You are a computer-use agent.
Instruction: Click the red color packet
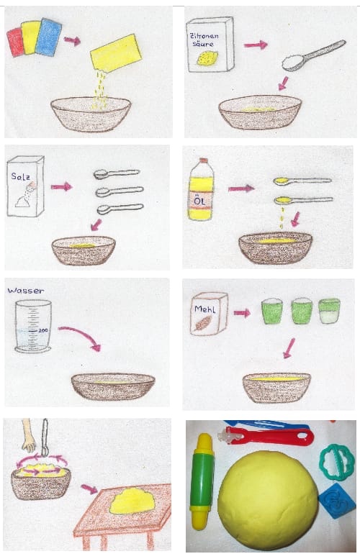pyautogui.click(x=14, y=42)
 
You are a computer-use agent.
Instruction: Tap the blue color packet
pyautogui.click(x=50, y=37)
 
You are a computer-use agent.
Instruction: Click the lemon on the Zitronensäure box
pyautogui.click(x=204, y=58)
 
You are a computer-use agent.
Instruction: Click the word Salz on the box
pyautogui.click(x=20, y=176)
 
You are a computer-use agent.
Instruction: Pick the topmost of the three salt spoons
pyautogui.click(x=116, y=173)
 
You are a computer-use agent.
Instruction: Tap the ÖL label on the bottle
pyautogui.click(x=200, y=201)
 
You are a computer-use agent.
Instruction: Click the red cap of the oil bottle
pyautogui.click(x=203, y=160)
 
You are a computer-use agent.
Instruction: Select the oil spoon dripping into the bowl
pyautogui.click(x=303, y=201)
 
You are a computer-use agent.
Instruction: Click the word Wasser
pyautogui.click(x=26, y=291)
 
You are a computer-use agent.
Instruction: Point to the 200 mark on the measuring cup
pyautogui.click(x=42, y=330)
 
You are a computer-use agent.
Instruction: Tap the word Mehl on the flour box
pyautogui.click(x=204, y=309)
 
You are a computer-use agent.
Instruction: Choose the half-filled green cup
pyautogui.click(x=329, y=312)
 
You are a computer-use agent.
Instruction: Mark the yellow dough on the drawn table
pyautogui.click(x=132, y=501)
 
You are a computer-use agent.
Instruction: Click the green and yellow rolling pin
pyautogui.click(x=202, y=481)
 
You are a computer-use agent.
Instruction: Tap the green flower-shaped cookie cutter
pyautogui.click(x=337, y=463)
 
